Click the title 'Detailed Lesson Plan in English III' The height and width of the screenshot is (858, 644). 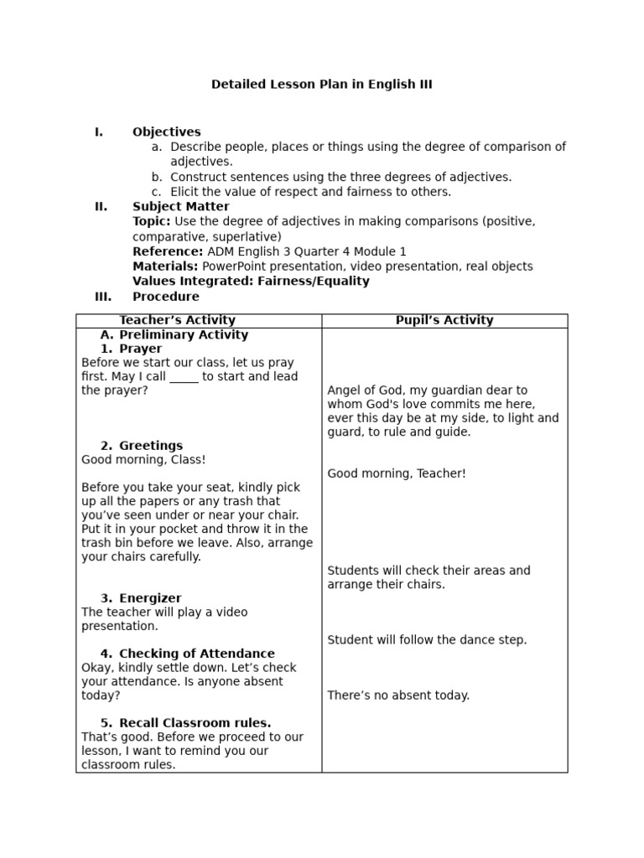pos(322,85)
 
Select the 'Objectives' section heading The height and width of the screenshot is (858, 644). pos(166,132)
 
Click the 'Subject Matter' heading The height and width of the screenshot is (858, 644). pos(180,206)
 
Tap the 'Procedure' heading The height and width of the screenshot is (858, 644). pos(166,297)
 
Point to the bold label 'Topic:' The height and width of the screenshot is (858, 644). pos(152,221)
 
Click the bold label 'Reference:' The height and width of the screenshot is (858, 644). pos(168,251)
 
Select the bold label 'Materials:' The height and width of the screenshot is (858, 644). pos(166,266)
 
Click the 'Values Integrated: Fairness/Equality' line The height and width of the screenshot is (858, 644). pos(251,282)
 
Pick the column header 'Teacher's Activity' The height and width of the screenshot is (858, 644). pos(177,320)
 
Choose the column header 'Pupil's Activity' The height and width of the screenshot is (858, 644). pos(444,320)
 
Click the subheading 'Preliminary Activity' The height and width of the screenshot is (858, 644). pos(184,335)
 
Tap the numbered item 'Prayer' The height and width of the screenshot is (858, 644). pos(140,349)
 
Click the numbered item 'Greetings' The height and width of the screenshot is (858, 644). pos(150,446)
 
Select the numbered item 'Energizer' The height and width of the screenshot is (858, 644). pos(150,598)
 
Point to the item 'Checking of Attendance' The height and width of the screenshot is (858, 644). pos(196,654)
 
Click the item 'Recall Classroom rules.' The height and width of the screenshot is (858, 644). pos(195,723)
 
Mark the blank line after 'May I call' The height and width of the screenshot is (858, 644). pos(184,377)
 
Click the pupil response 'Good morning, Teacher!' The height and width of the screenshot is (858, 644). pos(397,473)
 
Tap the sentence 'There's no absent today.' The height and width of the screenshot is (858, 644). pos(398,695)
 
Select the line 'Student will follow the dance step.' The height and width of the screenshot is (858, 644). pos(427,640)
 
